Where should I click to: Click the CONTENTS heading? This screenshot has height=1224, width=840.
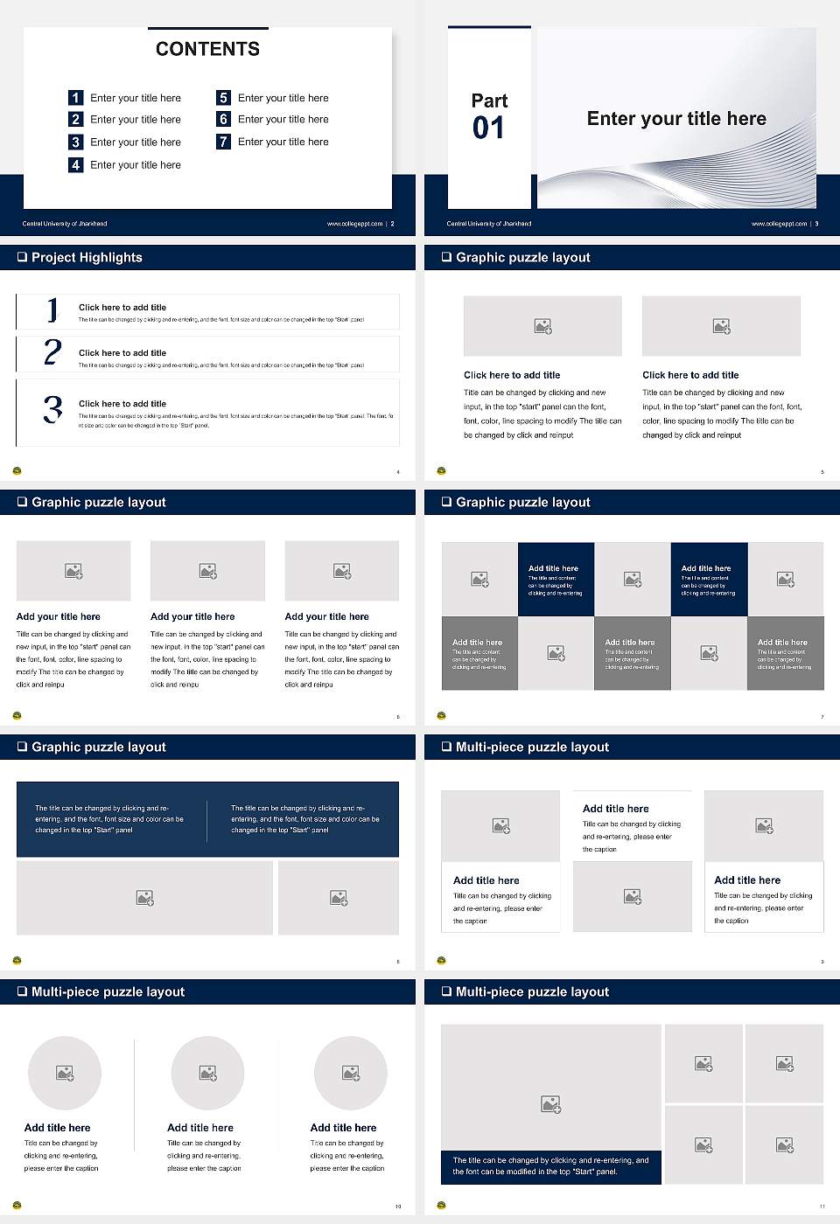coord(207,49)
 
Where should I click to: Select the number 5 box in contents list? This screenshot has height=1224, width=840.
coord(223,98)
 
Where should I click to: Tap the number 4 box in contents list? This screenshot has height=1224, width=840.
coord(76,164)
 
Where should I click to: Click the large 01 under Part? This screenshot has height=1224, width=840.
coord(488,129)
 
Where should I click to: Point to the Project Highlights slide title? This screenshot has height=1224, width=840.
coord(87,257)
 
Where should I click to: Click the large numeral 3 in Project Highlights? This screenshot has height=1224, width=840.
coord(52,409)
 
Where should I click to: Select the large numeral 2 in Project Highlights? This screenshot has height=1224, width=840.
coord(52,352)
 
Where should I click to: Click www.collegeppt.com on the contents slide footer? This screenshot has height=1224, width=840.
coord(354,224)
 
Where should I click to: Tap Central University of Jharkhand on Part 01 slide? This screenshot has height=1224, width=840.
coord(489,224)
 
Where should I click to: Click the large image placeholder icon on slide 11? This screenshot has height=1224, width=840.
coord(550,1104)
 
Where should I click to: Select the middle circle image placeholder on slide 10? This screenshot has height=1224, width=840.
coord(207,1073)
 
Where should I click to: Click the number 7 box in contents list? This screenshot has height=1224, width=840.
coord(223,142)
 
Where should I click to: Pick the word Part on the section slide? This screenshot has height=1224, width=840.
coord(489,101)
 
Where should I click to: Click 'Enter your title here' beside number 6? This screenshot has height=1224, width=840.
coord(283,119)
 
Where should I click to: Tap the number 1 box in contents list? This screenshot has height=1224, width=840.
coord(76,98)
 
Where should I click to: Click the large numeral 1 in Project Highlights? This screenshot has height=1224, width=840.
coord(52,309)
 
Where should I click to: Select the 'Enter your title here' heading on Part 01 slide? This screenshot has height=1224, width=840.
coord(676,119)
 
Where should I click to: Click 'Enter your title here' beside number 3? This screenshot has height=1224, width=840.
coord(136,142)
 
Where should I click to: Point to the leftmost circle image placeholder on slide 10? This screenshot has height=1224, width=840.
coord(65,1073)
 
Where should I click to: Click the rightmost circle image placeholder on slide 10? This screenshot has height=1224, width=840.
coord(351,1073)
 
